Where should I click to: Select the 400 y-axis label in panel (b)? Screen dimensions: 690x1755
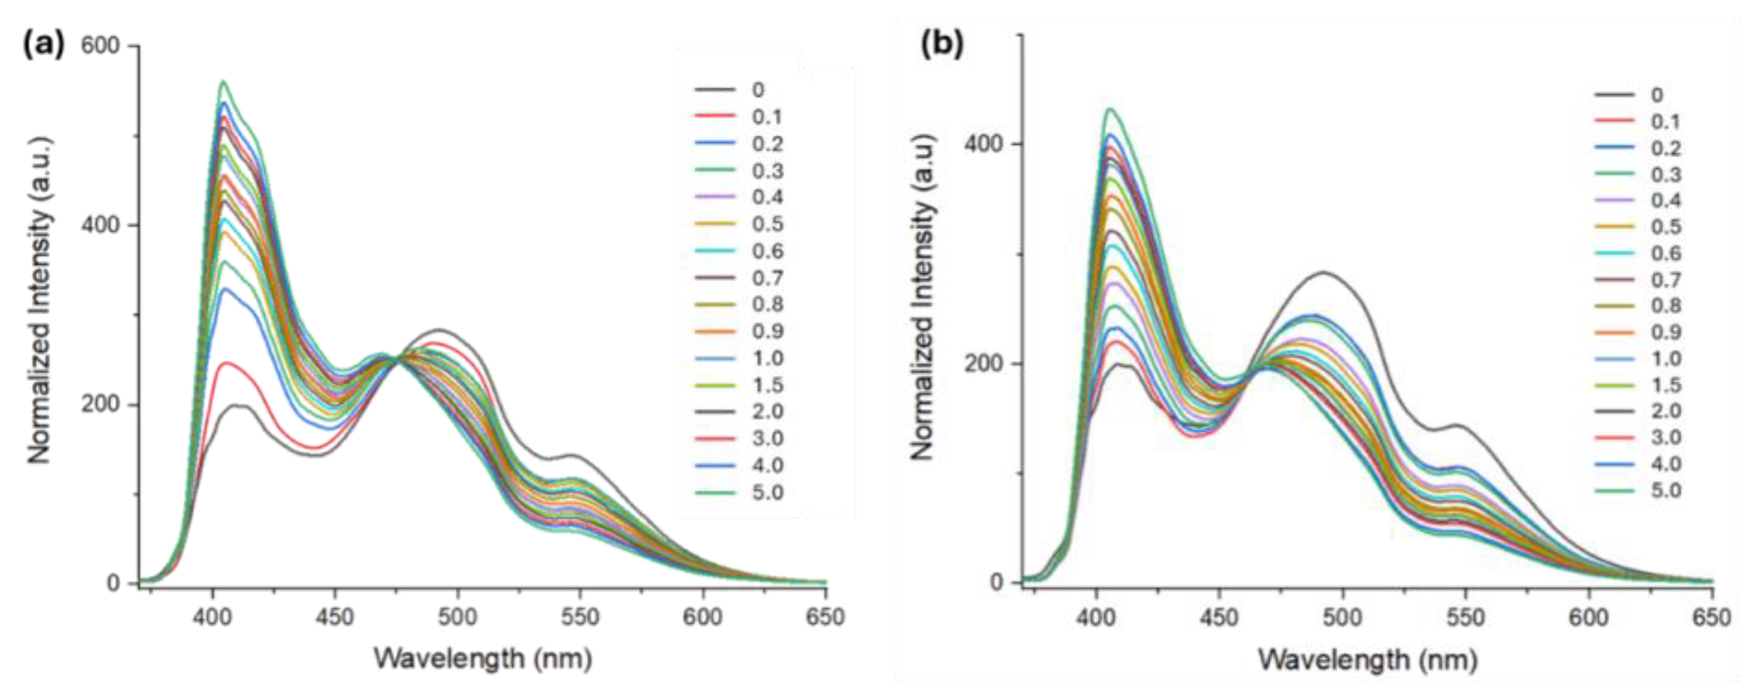coord(983,144)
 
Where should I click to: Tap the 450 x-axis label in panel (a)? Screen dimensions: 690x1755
coord(334,617)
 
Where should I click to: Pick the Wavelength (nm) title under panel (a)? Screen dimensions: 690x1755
coord(483,659)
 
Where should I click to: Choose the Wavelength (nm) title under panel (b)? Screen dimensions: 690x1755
coord(1368,659)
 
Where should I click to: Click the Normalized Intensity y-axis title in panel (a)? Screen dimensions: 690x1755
coord(40,299)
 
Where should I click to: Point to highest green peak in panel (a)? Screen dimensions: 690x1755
coord(222,82)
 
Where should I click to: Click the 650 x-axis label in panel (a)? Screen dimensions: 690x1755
coord(825,617)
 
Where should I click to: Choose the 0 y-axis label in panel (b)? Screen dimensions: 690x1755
coord(997,582)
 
